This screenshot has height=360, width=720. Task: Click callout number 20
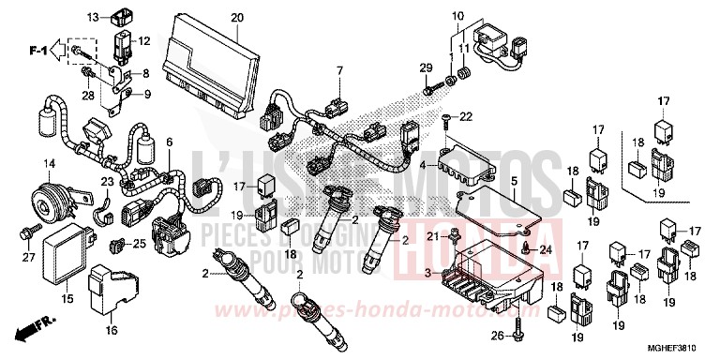click(x=236, y=18)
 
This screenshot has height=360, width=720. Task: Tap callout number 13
click(x=94, y=18)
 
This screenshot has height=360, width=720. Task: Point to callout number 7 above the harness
click(x=340, y=70)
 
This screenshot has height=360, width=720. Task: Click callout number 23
click(x=108, y=182)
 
